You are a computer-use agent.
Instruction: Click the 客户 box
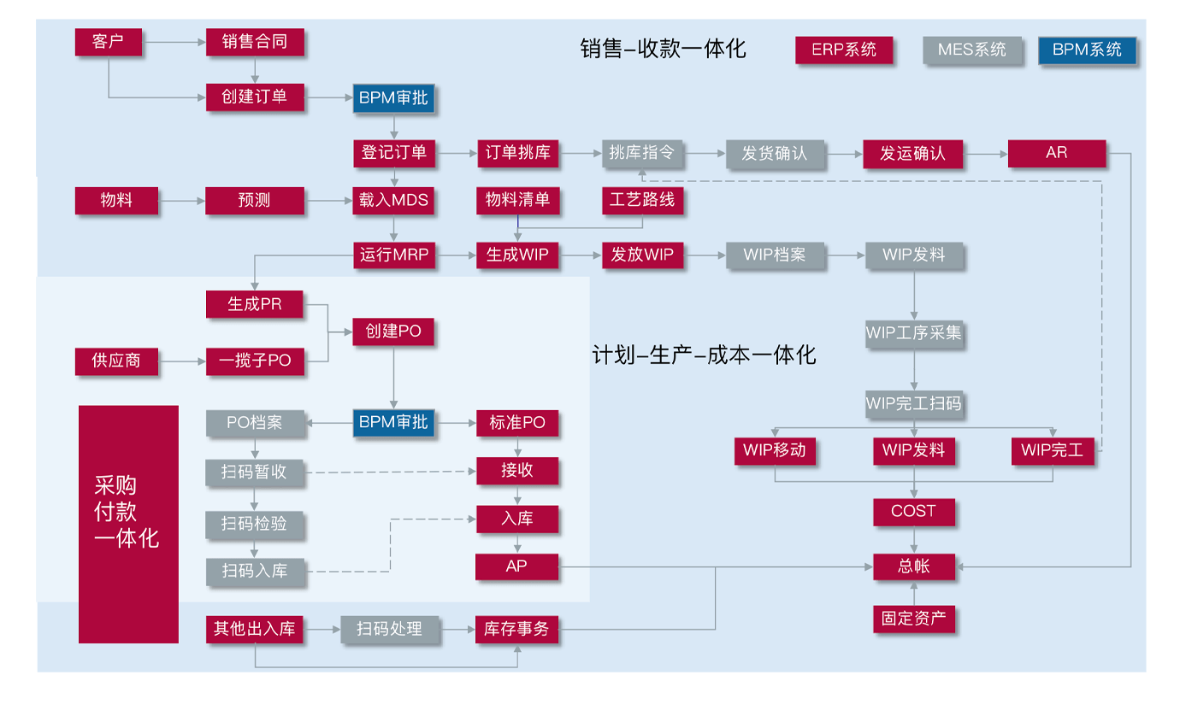pyautogui.click(x=108, y=42)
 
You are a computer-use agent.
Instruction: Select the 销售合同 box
pyautogui.click(x=255, y=42)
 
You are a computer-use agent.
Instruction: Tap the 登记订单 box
pyautogui.click(x=393, y=153)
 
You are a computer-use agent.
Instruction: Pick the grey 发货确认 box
pyautogui.click(x=774, y=154)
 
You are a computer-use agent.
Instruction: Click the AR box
pyautogui.click(x=1056, y=153)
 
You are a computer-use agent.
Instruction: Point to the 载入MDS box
pyautogui.click(x=393, y=201)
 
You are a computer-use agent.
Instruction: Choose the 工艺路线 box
pyautogui.click(x=642, y=201)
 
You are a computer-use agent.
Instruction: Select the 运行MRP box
pyautogui.click(x=393, y=255)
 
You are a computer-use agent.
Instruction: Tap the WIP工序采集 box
pyautogui.click(x=913, y=333)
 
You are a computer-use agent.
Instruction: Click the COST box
pyautogui.click(x=913, y=512)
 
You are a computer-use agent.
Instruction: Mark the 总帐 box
pyautogui.click(x=913, y=566)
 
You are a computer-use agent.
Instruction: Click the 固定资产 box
pyautogui.click(x=913, y=619)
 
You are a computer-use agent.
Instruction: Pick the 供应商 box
pyautogui.click(x=116, y=361)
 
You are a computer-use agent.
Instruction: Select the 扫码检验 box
pyautogui.click(x=255, y=524)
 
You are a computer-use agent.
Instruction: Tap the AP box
pyautogui.click(x=516, y=566)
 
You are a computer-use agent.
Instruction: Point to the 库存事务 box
pyautogui.click(x=516, y=630)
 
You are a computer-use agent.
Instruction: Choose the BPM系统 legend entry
pyautogui.click(x=1087, y=50)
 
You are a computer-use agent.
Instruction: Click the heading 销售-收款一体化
pyautogui.click(x=663, y=49)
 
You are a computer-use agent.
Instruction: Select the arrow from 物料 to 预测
pyautogui.click(x=181, y=201)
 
